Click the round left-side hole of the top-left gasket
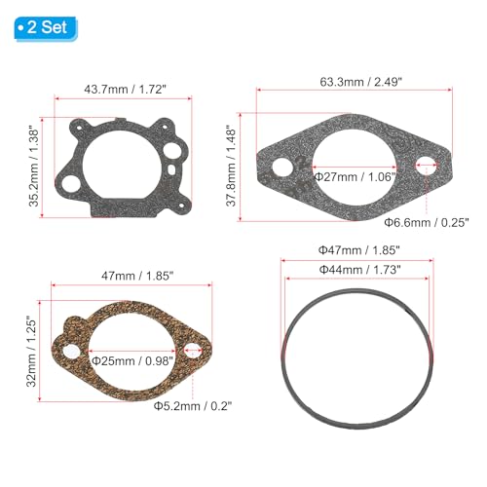coord(68,179)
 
